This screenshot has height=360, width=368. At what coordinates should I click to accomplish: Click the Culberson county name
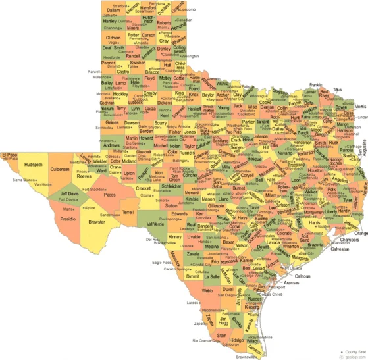[x=60, y=169]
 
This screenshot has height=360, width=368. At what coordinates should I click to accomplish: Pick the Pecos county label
[x=109, y=195]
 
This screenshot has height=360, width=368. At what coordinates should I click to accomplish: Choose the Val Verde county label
[x=155, y=224]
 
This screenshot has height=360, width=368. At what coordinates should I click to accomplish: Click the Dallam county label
[x=113, y=10]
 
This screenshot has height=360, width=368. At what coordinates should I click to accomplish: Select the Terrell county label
[x=128, y=213]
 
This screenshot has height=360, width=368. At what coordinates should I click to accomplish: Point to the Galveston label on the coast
[x=340, y=249]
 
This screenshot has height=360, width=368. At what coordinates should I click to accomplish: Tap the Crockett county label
[x=145, y=188]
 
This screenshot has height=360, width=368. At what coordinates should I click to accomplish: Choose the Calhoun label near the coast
[x=302, y=276]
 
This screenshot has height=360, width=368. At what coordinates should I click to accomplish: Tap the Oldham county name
[x=113, y=38]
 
